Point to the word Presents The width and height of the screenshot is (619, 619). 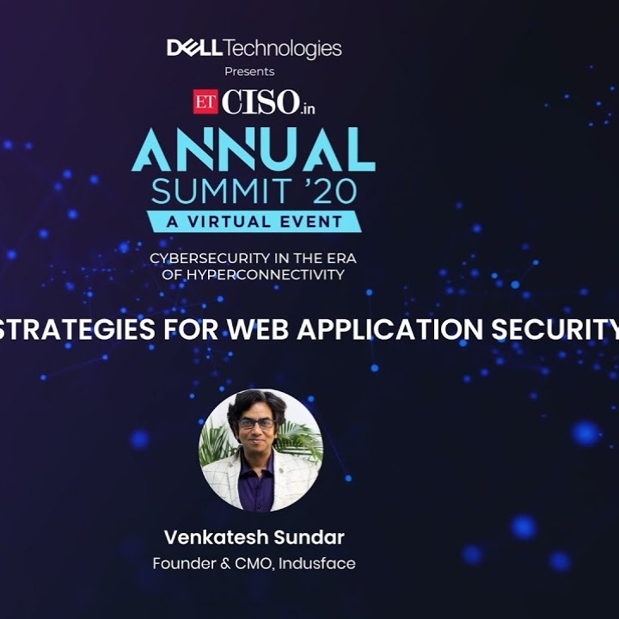[249, 71]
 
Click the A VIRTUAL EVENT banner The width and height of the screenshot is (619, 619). [254, 220]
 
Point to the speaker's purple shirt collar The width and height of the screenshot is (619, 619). [257, 469]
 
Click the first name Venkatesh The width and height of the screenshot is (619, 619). [215, 538]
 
